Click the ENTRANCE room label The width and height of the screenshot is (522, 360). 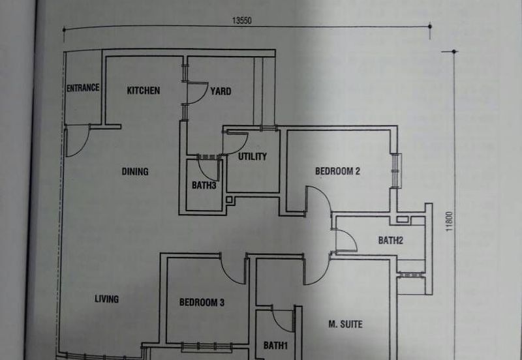(x=83, y=88)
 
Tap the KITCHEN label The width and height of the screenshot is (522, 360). (x=143, y=91)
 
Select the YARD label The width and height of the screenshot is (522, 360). (x=221, y=91)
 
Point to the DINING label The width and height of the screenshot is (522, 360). (x=135, y=172)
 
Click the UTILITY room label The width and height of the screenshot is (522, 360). (x=253, y=157)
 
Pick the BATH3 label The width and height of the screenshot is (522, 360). (x=204, y=186)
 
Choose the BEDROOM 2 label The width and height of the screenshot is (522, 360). (x=338, y=172)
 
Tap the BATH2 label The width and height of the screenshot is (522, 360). (x=391, y=241)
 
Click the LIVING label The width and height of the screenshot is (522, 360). (x=106, y=299)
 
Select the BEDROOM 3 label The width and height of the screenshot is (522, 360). (x=202, y=303)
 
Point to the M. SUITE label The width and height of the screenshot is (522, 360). (x=345, y=324)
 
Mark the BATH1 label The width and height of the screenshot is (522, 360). (x=275, y=345)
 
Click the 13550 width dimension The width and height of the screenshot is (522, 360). (x=241, y=20)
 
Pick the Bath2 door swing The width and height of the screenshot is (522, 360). (x=345, y=240)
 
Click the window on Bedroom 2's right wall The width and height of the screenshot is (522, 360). (x=394, y=170)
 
